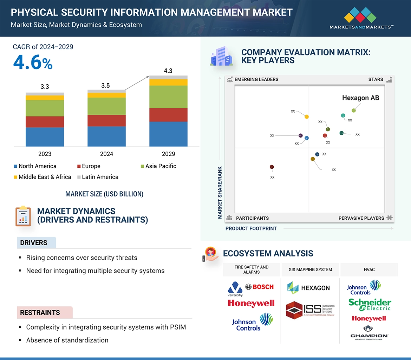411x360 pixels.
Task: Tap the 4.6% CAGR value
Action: [33, 62]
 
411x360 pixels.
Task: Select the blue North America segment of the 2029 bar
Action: [168, 134]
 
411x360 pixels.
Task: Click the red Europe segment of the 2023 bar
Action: [45, 122]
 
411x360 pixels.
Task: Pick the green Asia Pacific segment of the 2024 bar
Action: [106, 106]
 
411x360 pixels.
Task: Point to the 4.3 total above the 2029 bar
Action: [168, 71]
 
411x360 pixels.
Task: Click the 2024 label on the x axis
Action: [106, 154]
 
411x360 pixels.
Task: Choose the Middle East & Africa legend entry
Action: [42, 177]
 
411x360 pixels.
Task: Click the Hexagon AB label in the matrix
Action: [360, 98]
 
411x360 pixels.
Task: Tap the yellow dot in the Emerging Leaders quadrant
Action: [307, 116]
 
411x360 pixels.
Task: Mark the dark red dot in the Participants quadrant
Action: [272, 167]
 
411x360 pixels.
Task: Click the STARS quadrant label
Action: [376, 79]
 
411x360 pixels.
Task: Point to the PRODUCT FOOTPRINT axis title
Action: [251, 228]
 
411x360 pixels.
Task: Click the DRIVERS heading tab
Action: [34, 243]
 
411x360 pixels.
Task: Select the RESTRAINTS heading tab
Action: [40, 312]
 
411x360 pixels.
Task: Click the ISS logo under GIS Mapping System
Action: [310, 309]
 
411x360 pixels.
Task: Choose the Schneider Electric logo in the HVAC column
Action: [370, 305]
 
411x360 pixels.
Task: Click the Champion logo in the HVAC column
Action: [369, 332]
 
